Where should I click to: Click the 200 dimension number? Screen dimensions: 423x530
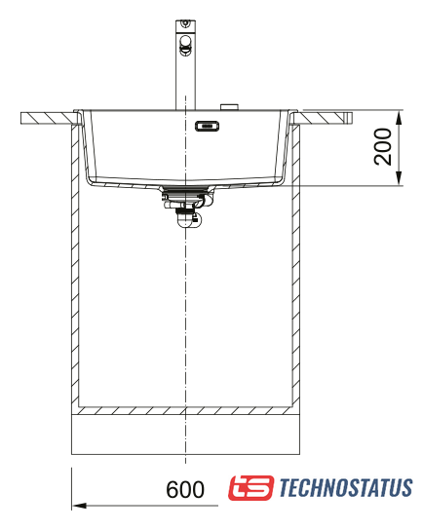[x=383, y=147]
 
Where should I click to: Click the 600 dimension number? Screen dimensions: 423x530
[x=185, y=489]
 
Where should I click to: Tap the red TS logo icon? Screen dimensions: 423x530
[x=250, y=488]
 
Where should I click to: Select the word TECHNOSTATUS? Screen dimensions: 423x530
[x=346, y=487]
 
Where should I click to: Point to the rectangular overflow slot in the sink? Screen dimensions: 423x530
[x=207, y=126]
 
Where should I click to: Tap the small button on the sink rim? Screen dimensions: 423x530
[x=230, y=107]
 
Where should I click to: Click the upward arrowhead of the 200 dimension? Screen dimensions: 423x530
[x=400, y=117]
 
